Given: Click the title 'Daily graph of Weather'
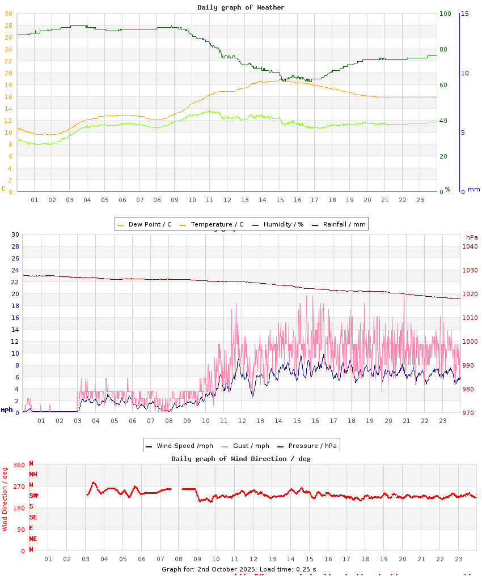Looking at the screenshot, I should click(x=241, y=7).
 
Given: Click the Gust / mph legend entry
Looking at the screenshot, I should click(x=248, y=446).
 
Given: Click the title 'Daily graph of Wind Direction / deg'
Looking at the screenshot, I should click(x=241, y=459).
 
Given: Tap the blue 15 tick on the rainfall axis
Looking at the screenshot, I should click(x=464, y=14).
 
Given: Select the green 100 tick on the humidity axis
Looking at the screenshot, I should click(x=445, y=14).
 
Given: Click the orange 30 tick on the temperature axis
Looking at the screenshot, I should click(x=8, y=14).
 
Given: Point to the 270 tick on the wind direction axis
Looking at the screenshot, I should click(x=19, y=487).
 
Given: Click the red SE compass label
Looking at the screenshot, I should click(x=33, y=517).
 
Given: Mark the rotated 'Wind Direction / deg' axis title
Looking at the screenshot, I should click(x=5, y=499).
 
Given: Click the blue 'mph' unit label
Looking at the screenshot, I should click(x=6, y=409).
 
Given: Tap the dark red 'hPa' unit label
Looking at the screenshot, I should click(x=472, y=237).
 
